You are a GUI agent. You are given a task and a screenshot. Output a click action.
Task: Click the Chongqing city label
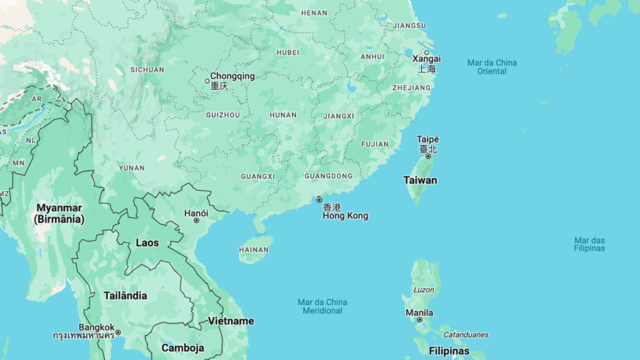pyautogui.click(x=232, y=76)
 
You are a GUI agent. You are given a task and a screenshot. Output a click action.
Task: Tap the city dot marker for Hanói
pyautogui.click(x=196, y=220)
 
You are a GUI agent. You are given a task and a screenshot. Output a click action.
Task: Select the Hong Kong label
pyautogui.click(x=346, y=216)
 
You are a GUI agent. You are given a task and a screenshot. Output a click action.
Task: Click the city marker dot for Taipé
pyautogui.click(x=428, y=156)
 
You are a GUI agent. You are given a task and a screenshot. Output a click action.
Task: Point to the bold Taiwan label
pyautogui.click(x=420, y=180)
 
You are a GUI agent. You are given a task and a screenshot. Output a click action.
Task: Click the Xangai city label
pyautogui.click(x=427, y=59)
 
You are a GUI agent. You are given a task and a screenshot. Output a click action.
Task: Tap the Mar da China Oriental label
pyautogui.click(x=492, y=67)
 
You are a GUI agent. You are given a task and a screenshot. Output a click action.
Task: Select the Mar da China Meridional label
pyautogui.click(x=322, y=306)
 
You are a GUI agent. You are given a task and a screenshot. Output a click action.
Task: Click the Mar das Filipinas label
pyautogui.click(x=589, y=245)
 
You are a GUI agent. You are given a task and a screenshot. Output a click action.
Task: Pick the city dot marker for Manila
pyautogui.click(x=420, y=320)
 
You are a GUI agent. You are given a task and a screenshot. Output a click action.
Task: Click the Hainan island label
pyautogui.click(x=254, y=249)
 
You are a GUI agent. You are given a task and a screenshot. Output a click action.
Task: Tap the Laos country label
pyautogui.click(x=147, y=243)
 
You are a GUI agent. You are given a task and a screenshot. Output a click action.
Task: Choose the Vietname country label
pyautogui.click(x=231, y=321)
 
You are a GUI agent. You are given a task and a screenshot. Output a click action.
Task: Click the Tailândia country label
pyautogui.click(x=125, y=296)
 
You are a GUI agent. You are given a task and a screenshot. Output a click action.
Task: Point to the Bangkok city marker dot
pyautogui.click(x=118, y=332)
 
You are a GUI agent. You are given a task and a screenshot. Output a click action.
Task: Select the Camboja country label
pyautogui.click(x=183, y=348)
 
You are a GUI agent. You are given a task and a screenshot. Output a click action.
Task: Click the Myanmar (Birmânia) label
pyautogui.click(x=59, y=214)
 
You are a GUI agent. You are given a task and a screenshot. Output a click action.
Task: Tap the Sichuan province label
pyautogui.click(x=147, y=69)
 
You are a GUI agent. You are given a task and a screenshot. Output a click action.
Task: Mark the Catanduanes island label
pyautogui.click(x=466, y=334)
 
